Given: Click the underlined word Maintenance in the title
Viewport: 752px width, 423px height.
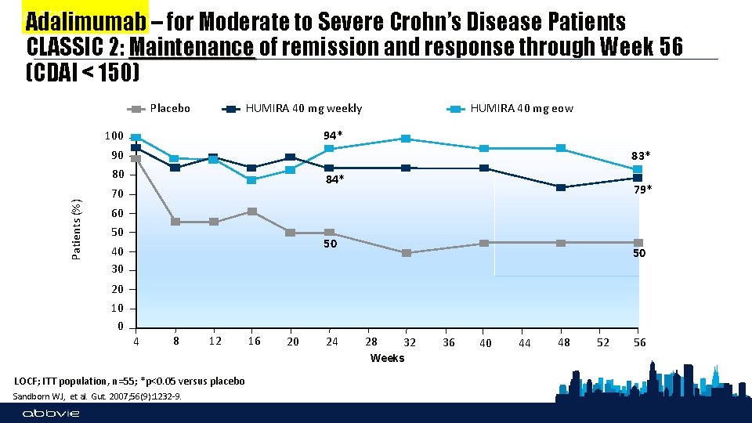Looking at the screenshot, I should [x=193, y=48].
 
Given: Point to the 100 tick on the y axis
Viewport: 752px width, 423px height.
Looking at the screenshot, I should [x=114, y=136].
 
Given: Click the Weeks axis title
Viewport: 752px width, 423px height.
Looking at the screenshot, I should [x=387, y=358].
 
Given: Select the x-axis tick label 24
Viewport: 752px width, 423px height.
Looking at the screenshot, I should [x=332, y=342].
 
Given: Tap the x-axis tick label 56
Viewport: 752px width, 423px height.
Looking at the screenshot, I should [x=639, y=342].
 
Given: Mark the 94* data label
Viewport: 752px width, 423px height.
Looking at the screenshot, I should [x=332, y=136].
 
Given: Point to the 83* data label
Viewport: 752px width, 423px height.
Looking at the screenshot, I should [x=641, y=155].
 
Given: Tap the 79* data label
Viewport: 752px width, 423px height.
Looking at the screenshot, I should [x=642, y=190].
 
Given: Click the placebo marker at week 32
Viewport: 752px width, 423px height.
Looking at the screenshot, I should [x=406, y=253].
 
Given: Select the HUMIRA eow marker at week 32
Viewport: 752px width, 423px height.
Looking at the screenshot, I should [x=406, y=139].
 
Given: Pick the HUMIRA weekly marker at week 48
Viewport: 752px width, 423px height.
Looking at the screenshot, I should [x=561, y=187].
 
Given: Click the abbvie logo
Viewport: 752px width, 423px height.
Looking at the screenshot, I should [x=51, y=414].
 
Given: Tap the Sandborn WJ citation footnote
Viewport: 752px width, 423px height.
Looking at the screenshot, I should [x=98, y=396].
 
